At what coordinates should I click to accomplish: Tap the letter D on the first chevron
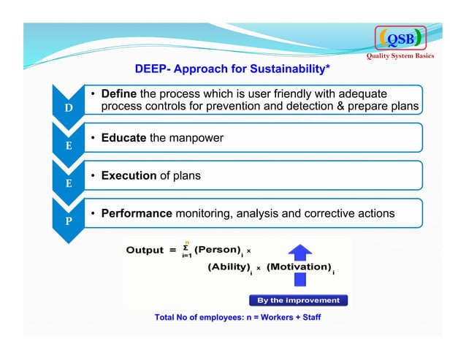67,109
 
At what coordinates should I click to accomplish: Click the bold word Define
118,94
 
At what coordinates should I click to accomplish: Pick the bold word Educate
123,138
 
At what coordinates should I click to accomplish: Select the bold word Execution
129,176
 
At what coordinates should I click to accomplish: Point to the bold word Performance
136,215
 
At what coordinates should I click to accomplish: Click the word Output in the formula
145,250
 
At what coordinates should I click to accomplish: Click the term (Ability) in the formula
228,268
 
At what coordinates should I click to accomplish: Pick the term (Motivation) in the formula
299,268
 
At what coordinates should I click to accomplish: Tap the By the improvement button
298,300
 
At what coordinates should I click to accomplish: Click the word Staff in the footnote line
309,318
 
